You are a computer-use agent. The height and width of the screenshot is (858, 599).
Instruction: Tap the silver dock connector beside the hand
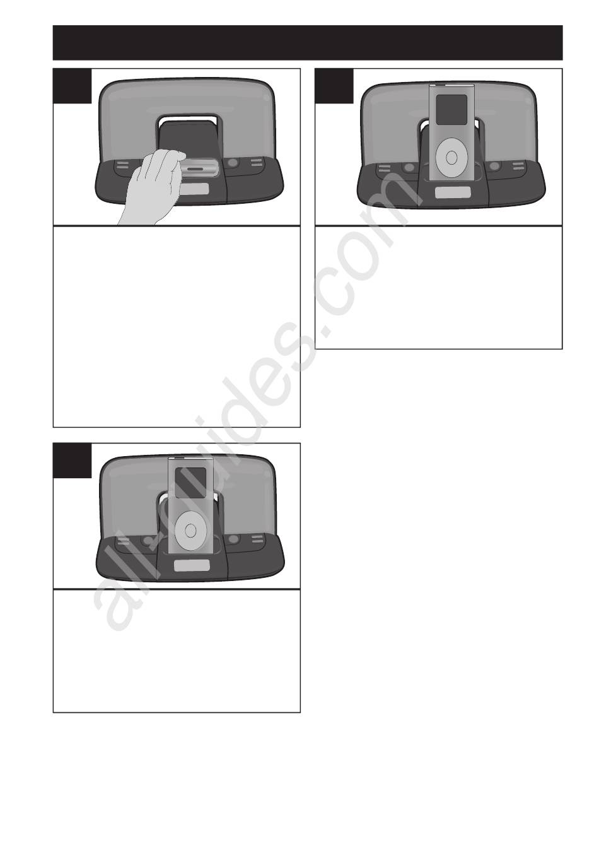[x=201, y=168]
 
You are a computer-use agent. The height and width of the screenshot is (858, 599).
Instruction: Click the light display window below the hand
[x=194, y=189]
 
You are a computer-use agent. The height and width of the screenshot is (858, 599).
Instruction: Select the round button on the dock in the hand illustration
[x=232, y=163]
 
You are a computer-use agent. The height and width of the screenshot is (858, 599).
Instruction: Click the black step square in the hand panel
[x=73, y=86]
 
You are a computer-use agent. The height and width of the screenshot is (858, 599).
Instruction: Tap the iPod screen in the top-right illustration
[x=451, y=110]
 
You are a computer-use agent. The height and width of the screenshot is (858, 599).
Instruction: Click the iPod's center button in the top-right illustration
[x=452, y=158]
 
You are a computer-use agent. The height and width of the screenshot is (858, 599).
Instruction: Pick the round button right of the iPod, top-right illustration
[x=495, y=167]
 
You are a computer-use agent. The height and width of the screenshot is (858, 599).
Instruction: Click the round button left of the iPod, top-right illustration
[x=409, y=167]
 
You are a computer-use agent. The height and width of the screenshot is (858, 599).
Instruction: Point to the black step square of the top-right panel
[x=334, y=86]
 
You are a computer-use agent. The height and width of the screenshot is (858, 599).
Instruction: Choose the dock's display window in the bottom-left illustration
[x=192, y=566]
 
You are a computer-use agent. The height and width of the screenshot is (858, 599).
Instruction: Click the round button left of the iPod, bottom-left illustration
[x=147, y=541]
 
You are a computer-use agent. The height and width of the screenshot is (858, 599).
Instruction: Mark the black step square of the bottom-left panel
[x=73, y=461]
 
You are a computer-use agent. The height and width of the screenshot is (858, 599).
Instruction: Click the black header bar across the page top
[x=308, y=43]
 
